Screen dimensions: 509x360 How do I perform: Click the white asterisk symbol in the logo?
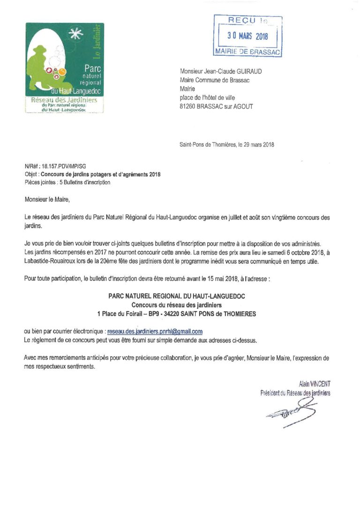point(73,34)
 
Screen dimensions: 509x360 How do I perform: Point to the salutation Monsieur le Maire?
point(46,201)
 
